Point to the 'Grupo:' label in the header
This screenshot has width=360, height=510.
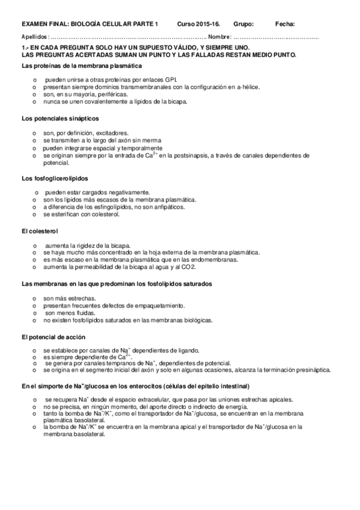tap(243, 24)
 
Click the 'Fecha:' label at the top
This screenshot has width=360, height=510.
tap(285, 24)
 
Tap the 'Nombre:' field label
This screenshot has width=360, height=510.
tap(219, 37)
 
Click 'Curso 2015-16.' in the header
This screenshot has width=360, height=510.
tap(198, 24)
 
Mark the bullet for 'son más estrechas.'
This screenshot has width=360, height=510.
tap(35, 298)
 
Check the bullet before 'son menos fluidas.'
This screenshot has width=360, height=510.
tap(35, 313)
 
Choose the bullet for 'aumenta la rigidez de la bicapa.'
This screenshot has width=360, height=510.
tap(35, 245)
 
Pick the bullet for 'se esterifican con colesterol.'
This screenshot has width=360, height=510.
tap(35, 215)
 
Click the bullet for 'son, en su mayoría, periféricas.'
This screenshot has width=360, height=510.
tap(35, 94)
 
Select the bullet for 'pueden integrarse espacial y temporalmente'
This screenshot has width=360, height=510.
tap(35, 148)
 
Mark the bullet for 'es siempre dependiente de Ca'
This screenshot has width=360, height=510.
tap(35, 357)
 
